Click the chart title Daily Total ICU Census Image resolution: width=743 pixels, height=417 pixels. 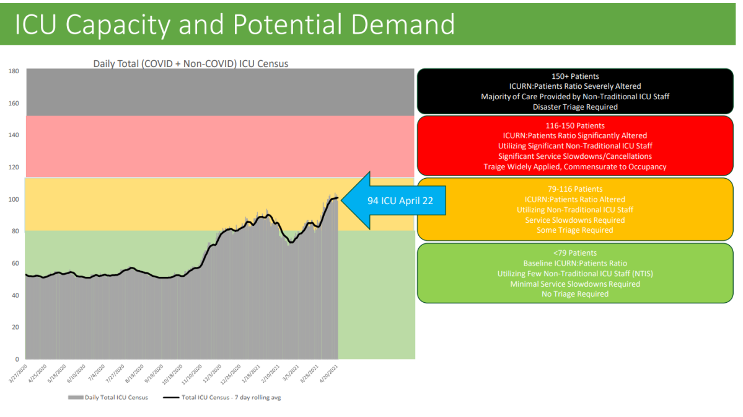click(x=190, y=63)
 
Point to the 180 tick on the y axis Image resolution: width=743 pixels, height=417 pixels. click(x=13, y=71)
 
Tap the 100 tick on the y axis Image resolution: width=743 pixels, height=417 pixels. click(x=13, y=199)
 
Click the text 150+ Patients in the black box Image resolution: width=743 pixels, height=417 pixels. click(x=574, y=76)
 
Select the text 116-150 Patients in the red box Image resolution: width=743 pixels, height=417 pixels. click(x=574, y=125)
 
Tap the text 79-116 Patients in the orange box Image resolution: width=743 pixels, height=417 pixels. click(x=574, y=189)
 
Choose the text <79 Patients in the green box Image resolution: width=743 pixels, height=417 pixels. click(x=574, y=253)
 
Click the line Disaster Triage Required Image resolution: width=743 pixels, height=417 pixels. click(x=574, y=107)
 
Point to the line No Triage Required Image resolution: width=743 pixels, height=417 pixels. click(x=574, y=294)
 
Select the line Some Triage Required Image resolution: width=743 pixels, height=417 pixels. click(x=574, y=230)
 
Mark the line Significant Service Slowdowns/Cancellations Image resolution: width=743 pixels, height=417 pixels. click(x=574, y=156)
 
